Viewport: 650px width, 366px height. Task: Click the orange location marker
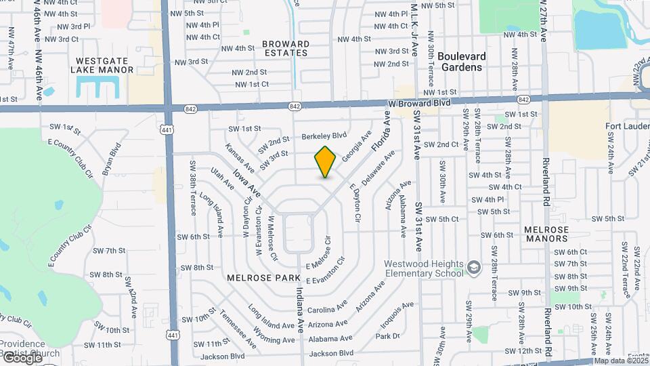tap(326, 162)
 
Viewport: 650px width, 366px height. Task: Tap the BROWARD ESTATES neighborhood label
tap(286, 48)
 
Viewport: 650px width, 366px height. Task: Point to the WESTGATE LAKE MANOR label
tap(99, 64)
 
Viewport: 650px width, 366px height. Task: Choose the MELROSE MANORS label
tap(545, 235)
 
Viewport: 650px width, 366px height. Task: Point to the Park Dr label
tap(387, 336)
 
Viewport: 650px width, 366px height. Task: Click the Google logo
tap(22, 357)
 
